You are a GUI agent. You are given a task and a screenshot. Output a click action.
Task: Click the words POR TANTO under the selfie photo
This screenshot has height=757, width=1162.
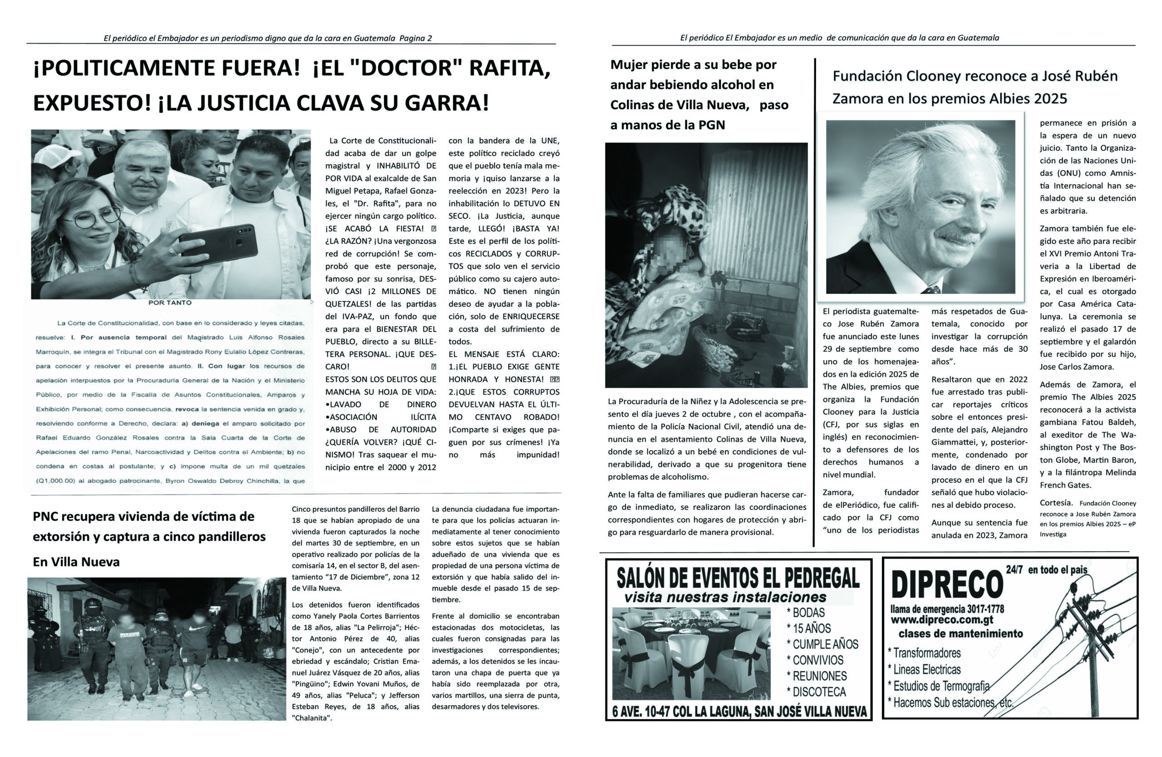(x=170, y=303)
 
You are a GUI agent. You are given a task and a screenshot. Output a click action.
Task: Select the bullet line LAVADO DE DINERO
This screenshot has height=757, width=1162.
(x=381, y=405)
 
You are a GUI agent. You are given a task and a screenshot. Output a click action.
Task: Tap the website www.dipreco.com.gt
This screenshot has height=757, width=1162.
(x=942, y=620)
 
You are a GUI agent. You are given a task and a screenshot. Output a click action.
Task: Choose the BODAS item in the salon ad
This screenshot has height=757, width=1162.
(x=808, y=613)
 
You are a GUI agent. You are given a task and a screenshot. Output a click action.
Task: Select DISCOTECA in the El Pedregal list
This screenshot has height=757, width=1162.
(x=818, y=692)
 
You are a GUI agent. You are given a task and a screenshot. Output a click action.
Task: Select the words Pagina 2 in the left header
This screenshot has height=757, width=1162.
(x=415, y=38)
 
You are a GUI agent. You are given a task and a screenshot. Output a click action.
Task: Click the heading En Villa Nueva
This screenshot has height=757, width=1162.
(x=76, y=562)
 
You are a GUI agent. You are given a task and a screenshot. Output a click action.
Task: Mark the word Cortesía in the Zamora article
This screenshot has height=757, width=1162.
(x=1056, y=503)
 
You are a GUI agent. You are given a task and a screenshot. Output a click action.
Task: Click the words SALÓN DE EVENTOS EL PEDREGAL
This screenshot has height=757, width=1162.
(x=738, y=579)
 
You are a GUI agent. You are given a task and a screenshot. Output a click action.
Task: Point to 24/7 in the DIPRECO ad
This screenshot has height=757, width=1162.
(x=1014, y=569)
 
